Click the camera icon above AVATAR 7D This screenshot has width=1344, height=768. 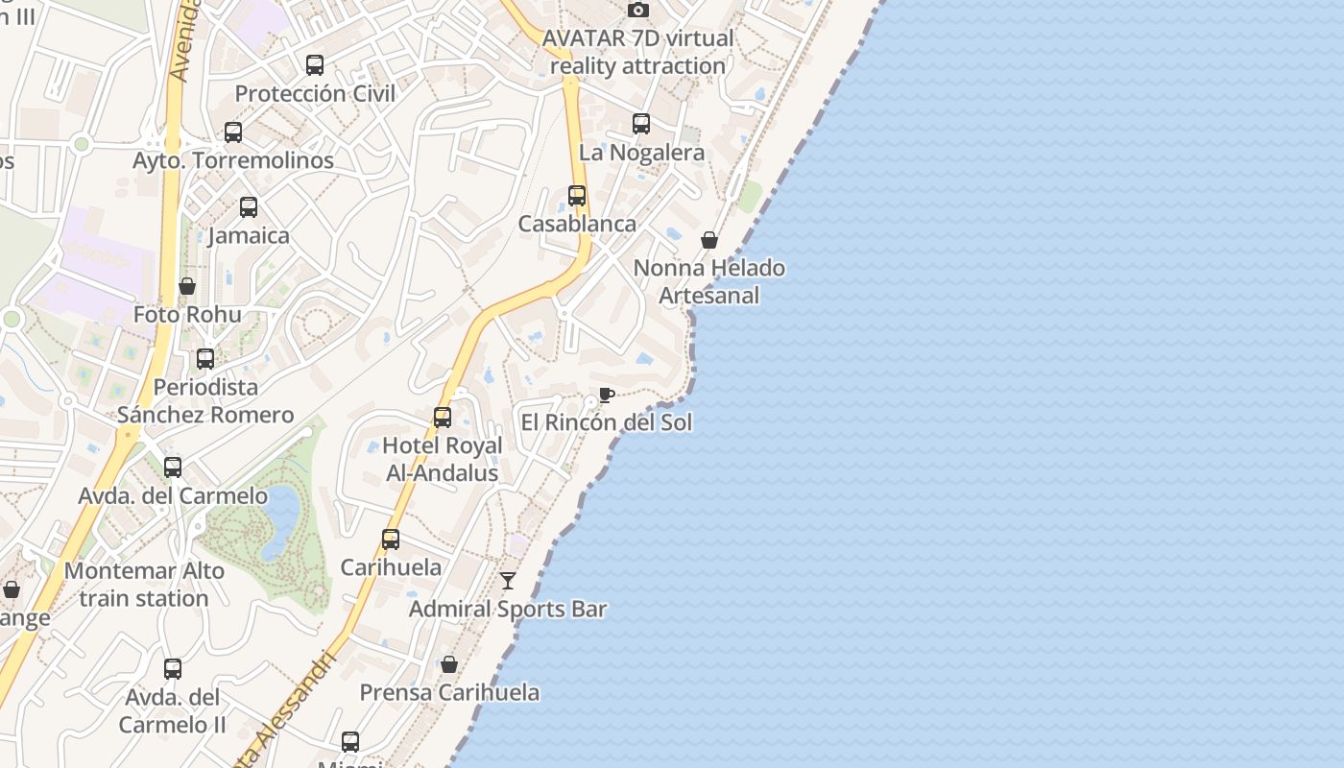pyautogui.click(x=637, y=11)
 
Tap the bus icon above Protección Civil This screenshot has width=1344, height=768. pyautogui.click(x=315, y=65)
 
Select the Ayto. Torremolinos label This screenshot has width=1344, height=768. pyautogui.click(x=233, y=160)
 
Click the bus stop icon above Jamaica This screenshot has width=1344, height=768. pyautogui.click(x=249, y=207)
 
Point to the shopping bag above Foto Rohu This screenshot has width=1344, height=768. pyautogui.click(x=187, y=286)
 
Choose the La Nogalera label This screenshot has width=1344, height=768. pyautogui.click(x=641, y=153)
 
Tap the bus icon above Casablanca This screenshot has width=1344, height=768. pyautogui.click(x=577, y=196)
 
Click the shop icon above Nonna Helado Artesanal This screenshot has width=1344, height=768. pyautogui.click(x=709, y=240)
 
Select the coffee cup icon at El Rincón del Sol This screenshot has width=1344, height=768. pyautogui.click(x=606, y=395)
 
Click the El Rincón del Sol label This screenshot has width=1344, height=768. pyautogui.click(x=606, y=422)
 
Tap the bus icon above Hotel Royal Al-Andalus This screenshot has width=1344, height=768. pyautogui.click(x=443, y=418)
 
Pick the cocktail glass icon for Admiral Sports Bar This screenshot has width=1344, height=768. pyautogui.click(x=508, y=581)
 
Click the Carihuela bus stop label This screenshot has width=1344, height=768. pyautogui.click(x=391, y=567)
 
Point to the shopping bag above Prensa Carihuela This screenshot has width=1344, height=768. pyautogui.click(x=448, y=664)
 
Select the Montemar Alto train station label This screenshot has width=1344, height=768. pyautogui.click(x=144, y=584)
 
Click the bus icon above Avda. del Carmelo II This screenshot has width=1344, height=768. pyautogui.click(x=173, y=669)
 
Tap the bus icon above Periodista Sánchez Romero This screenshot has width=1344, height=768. pyautogui.click(x=205, y=359)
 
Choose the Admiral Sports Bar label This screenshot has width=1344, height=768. pyautogui.click(x=508, y=609)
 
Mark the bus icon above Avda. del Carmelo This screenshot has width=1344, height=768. pyautogui.click(x=173, y=468)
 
